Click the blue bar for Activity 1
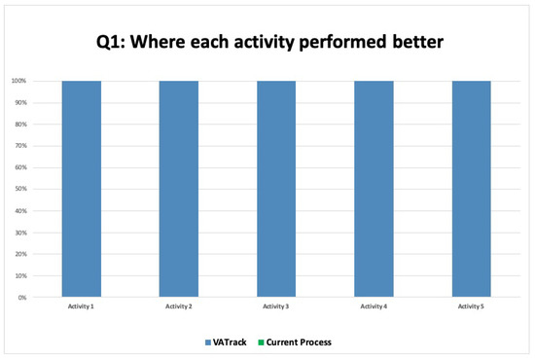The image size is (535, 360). point(82,189)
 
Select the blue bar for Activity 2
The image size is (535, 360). point(179,189)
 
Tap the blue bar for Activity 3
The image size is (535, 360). point(276,189)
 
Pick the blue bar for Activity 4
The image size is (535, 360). point(374,189)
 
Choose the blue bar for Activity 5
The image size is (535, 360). point(472,189)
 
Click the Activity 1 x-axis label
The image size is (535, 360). point(81,306)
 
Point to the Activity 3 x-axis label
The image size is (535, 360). point(275,306)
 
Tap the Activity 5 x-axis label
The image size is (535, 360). point(471,306)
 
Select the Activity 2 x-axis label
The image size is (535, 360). point(179,306)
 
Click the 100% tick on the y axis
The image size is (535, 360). point(18,81)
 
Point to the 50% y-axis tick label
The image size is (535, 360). point(20,189)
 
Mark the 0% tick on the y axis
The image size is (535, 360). point(22,298)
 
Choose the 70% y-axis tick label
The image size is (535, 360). point(20,146)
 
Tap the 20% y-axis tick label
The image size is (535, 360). point(20,254)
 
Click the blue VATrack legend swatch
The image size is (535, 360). point(208,342)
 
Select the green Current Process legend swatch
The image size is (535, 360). point(261,342)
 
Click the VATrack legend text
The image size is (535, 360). point(230,342)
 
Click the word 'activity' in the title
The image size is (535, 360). point(264,43)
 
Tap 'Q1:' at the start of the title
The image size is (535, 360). point(111,42)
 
